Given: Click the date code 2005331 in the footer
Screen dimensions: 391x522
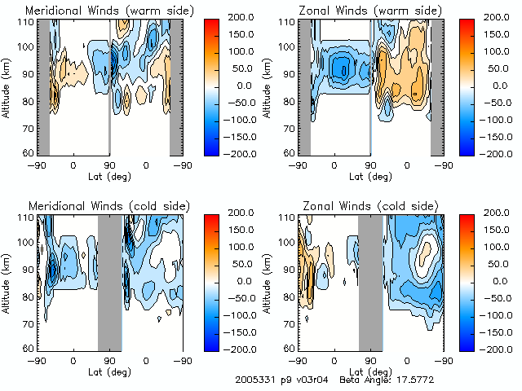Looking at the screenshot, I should [255, 380].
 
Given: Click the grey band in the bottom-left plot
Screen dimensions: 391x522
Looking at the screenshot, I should [109, 281].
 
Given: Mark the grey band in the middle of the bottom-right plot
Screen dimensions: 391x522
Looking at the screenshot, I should [370, 281].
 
